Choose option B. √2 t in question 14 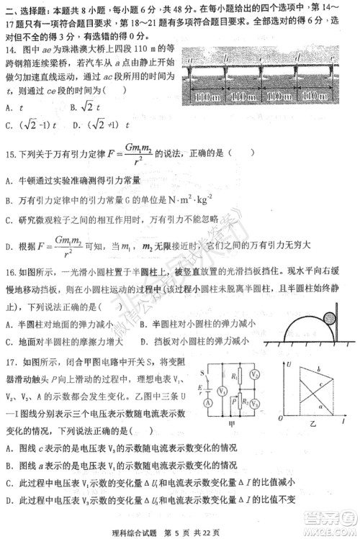click(85, 107)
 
